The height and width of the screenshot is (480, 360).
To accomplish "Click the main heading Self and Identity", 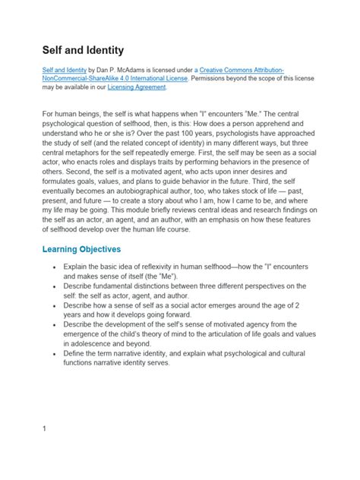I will (83, 50).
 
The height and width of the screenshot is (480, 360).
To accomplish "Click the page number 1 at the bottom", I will (45, 428).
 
